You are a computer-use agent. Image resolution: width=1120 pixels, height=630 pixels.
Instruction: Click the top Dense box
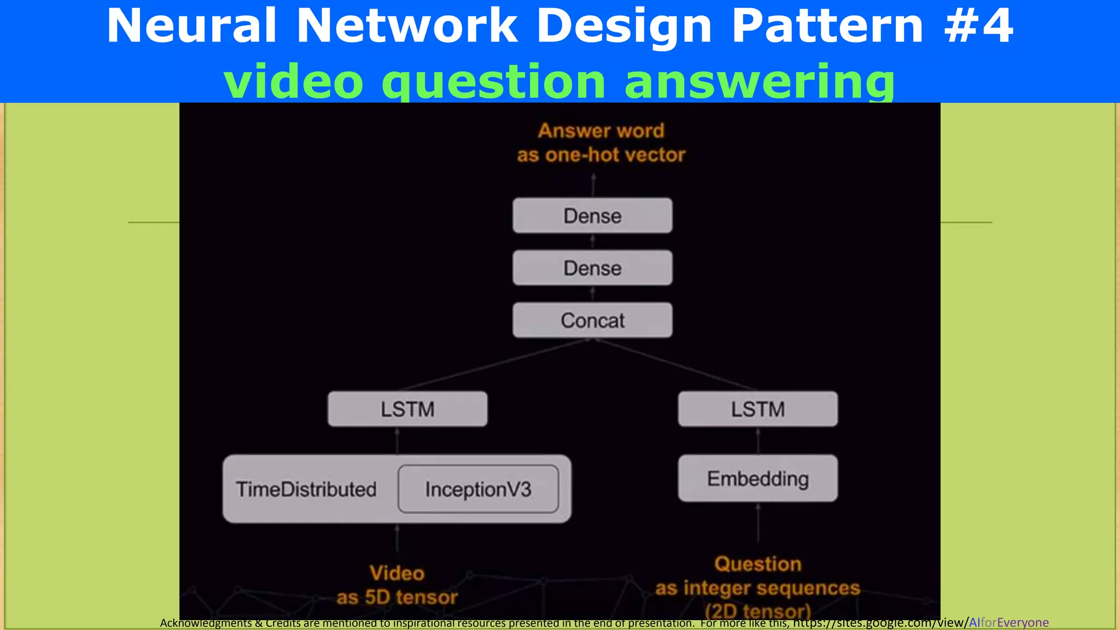(x=592, y=215)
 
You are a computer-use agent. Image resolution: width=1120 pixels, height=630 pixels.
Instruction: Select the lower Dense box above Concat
(x=592, y=268)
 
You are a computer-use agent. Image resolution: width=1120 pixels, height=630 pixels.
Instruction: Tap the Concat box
(x=592, y=320)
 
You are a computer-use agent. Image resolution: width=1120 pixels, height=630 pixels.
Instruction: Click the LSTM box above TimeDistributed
(x=407, y=409)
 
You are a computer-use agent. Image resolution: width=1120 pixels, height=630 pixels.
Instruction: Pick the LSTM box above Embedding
(x=757, y=409)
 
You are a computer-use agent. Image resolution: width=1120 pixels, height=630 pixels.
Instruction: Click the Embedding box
(x=757, y=479)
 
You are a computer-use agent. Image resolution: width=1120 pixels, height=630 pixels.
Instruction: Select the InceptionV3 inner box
(x=478, y=489)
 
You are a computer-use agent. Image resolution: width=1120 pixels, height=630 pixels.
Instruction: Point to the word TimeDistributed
(x=306, y=489)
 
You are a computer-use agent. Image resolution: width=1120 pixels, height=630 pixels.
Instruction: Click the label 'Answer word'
(x=601, y=131)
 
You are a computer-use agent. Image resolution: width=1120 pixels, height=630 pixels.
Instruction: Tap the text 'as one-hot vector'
(x=601, y=155)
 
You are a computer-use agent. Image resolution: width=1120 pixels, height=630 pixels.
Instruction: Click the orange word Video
(x=397, y=573)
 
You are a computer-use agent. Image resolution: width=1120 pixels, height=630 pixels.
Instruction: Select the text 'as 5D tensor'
(x=397, y=597)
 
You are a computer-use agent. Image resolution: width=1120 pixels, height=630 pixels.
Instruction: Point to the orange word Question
(x=757, y=564)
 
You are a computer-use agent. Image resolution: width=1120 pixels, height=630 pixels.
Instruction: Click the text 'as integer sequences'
(x=757, y=588)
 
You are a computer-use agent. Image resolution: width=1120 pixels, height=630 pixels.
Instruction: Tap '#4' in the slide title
(x=979, y=26)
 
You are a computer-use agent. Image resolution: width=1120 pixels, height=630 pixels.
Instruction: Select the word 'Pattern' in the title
(x=827, y=26)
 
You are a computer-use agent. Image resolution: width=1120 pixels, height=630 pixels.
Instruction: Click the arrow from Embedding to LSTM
(x=758, y=441)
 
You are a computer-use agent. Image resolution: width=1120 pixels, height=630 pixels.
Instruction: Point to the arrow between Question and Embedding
(x=758, y=523)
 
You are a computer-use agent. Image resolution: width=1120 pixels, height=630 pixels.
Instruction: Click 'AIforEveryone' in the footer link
(x=1008, y=622)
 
